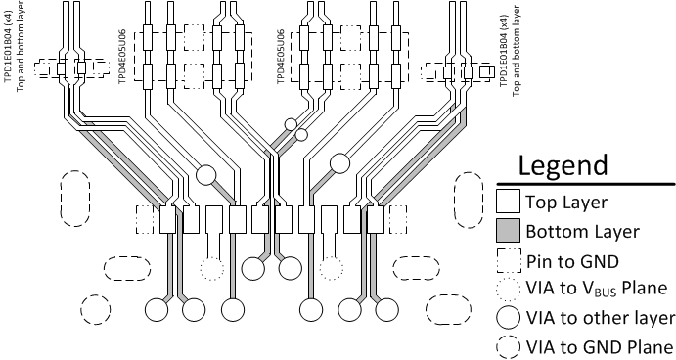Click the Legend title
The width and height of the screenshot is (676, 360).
coord(563,164)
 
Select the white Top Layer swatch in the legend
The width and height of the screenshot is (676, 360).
coord(507,202)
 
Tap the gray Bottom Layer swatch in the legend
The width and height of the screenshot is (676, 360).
coord(507,232)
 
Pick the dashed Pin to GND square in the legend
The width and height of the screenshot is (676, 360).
coord(507,260)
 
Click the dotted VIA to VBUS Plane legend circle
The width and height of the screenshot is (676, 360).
coord(507,290)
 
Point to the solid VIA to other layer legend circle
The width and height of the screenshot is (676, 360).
coord(507,319)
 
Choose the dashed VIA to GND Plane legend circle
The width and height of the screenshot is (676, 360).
coord(507,347)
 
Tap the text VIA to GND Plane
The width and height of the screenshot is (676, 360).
coord(600,347)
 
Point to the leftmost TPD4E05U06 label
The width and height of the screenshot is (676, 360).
coord(123,61)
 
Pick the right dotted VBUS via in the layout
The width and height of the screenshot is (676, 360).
coord(332,268)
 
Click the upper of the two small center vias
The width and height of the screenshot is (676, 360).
coord(291,124)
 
